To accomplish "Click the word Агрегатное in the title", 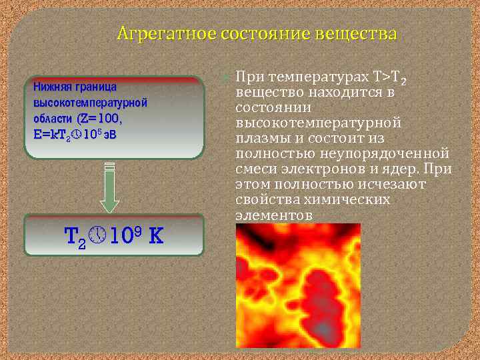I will (156, 33).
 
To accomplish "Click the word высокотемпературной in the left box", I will (90, 103).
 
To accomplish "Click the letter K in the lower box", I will (156, 235).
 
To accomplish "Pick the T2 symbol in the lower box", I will (75, 237).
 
